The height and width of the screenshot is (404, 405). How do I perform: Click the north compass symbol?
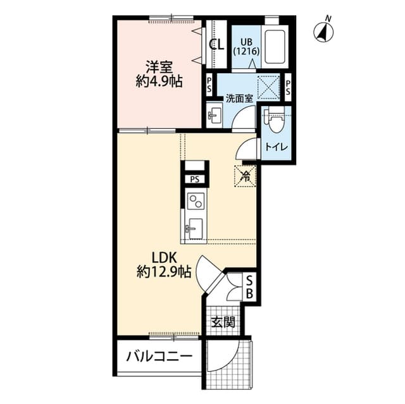(323, 32)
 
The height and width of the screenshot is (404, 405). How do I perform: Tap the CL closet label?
(216, 44)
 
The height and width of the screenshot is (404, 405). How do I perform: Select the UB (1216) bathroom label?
(246, 47)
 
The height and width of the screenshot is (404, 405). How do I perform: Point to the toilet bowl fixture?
(276, 119)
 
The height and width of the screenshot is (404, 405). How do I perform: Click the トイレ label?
(276, 147)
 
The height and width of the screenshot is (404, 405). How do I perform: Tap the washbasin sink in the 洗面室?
(214, 114)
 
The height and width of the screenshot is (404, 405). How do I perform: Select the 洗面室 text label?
(239, 98)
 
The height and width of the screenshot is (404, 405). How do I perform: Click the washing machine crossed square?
(269, 87)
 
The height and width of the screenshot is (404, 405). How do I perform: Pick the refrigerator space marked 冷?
(245, 176)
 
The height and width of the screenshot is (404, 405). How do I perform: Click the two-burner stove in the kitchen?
(196, 200)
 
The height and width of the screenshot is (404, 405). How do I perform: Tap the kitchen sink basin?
(196, 228)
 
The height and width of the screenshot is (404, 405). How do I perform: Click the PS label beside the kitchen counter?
(195, 179)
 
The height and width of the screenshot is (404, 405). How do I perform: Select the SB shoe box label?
(249, 286)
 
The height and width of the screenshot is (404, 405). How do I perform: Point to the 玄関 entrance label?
(223, 322)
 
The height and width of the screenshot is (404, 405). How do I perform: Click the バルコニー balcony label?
(159, 357)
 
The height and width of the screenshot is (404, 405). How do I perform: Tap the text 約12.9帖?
(164, 271)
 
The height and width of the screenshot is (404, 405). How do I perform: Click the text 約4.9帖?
(159, 82)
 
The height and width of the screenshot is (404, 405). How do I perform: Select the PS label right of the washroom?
(288, 87)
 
